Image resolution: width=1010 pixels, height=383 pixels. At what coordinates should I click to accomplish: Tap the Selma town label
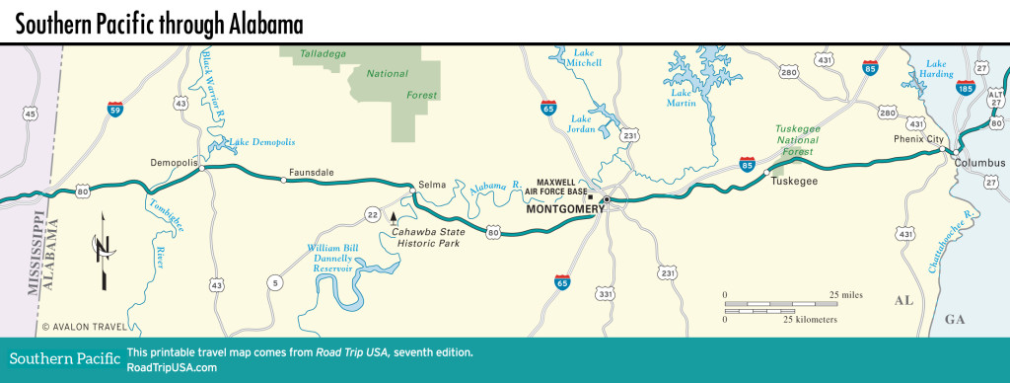coord(433,185)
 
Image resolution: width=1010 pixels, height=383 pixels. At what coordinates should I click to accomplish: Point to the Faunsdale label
coord(311,173)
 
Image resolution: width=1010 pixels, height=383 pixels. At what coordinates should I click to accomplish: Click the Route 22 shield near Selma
coord(372,213)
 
